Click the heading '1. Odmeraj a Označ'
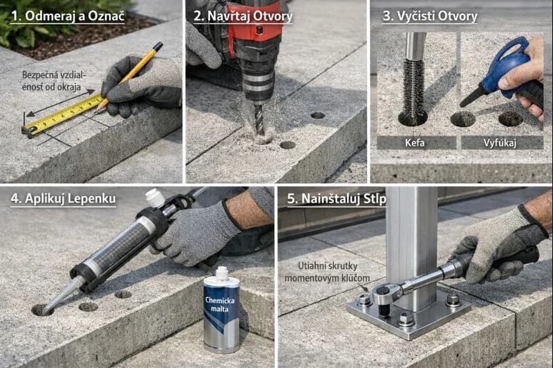[x=68, y=16]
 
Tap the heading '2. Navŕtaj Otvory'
[x=243, y=16]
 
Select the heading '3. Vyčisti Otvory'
[x=430, y=16]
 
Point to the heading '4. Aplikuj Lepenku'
[x=63, y=199]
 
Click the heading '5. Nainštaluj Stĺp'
[x=337, y=199]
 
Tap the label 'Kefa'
[x=415, y=143]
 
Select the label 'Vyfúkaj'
[x=500, y=143]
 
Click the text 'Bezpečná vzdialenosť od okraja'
[x=54, y=81]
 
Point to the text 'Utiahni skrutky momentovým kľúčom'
[x=327, y=272]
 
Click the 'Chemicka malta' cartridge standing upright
[x=221, y=310]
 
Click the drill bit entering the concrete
[x=259, y=119]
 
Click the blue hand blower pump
[x=500, y=76]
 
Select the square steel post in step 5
[x=411, y=246]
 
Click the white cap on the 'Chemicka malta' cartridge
[x=221, y=273]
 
